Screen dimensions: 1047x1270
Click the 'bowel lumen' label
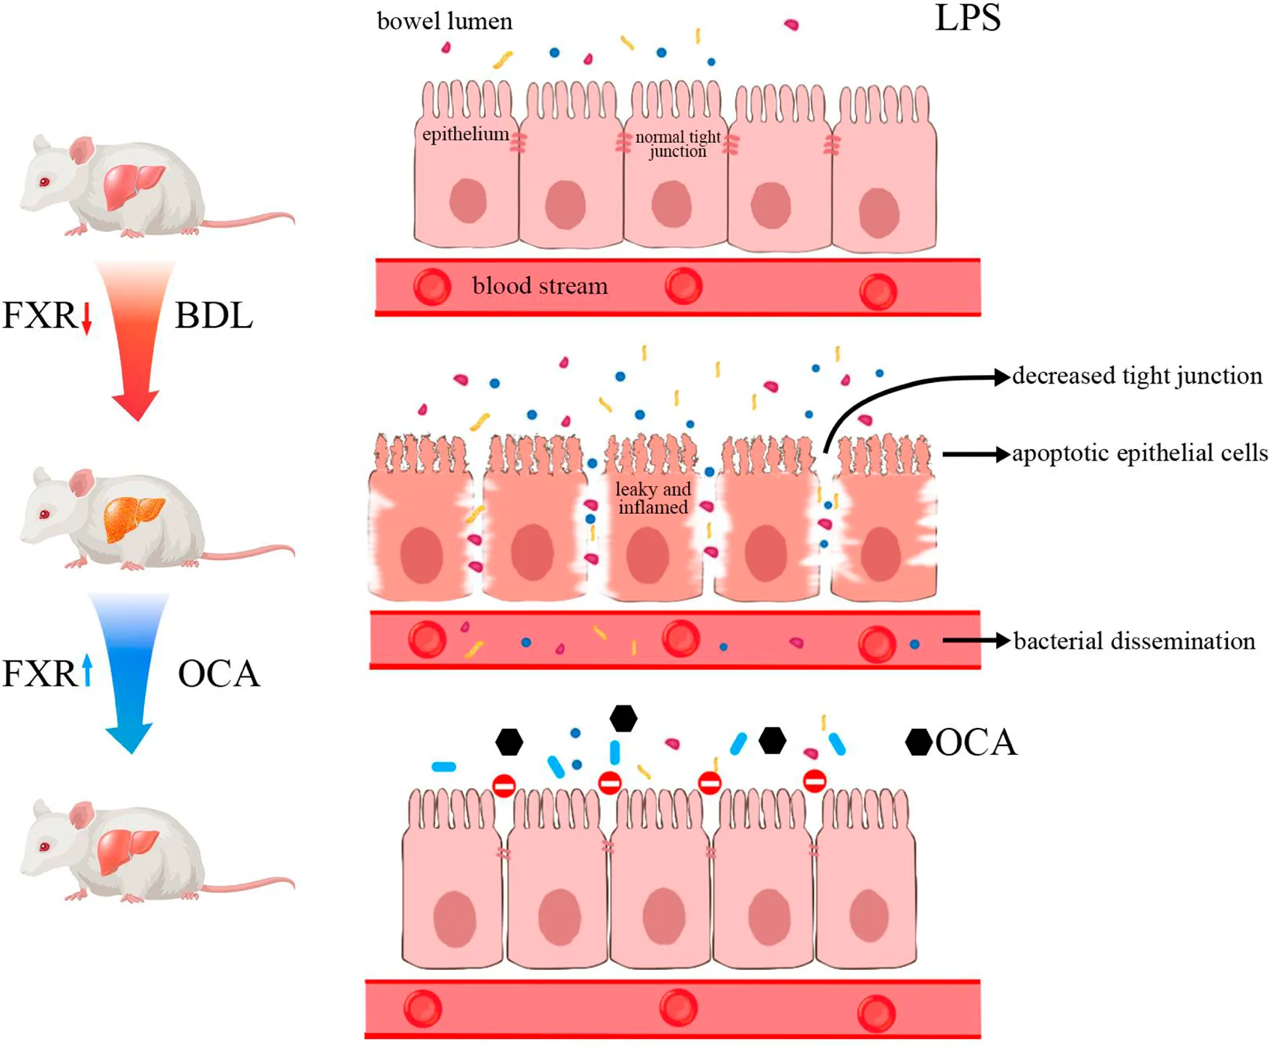click(444, 21)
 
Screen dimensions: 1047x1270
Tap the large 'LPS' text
click(967, 19)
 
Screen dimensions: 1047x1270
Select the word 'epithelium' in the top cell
click(465, 134)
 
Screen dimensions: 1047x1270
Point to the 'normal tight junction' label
click(677, 144)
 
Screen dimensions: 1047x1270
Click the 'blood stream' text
click(540, 286)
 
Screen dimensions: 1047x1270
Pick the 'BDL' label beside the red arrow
click(214, 316)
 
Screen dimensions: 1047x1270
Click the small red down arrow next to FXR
click(86, 318)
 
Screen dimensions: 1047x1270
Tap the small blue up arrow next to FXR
click(87, 670)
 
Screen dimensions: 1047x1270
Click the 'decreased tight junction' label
click(1137, 376)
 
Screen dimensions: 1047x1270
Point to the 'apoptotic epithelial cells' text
click(1139, 453)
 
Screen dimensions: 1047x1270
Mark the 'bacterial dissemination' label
click(1134, 641)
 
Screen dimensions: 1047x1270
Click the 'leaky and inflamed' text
click(652, 498)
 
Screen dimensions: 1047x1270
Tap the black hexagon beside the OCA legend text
click(918, 742)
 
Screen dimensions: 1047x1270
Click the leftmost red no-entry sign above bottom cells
click(504, 785)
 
